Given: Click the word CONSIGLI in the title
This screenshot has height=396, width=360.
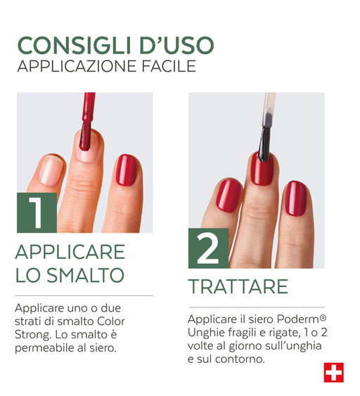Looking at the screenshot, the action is [75, 46].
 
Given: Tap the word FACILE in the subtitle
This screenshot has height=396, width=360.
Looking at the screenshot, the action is [169, 66].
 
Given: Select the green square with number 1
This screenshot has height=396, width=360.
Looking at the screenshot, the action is [37, 212].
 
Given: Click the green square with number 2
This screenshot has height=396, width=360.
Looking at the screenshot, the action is [209, 248].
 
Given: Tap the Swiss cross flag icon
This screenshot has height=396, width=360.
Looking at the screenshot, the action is [334, 373].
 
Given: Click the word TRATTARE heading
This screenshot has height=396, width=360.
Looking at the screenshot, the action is [238, 286].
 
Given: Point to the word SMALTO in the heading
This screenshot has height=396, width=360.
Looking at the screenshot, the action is [86, 275].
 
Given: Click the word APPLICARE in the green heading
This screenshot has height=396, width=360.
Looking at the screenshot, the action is [70, 252].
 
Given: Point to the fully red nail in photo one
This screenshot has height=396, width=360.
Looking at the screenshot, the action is [127, 170].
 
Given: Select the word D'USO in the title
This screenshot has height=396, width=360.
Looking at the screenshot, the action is [177, 46].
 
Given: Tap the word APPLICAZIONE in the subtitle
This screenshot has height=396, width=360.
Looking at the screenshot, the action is [77, 66].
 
